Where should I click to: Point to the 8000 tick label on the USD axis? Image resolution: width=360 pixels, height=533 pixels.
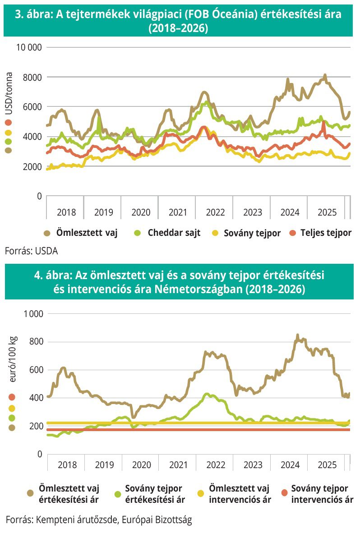(32, 77)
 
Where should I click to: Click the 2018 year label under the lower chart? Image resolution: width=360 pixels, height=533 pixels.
(67, 464)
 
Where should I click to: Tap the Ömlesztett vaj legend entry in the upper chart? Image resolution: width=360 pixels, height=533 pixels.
(87, 233)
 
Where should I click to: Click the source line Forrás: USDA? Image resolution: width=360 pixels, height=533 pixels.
(32, 251)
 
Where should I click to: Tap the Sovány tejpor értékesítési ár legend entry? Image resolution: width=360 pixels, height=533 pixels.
(154, 494)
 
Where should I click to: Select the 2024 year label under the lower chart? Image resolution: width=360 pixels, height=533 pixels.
(290, 464)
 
